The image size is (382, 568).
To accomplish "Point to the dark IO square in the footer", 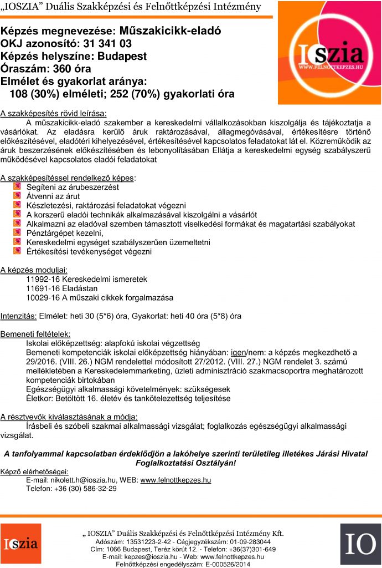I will click(x=360, y=544).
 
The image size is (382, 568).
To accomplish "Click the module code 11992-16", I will click(x=44, y=279).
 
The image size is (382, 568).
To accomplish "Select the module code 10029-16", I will click(x=44, y=297).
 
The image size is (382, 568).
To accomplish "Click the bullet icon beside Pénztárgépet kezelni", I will click(x=17, y=234).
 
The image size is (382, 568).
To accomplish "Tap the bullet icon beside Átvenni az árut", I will click(x=17, y=196).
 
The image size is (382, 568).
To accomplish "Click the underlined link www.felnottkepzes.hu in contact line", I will click(x=175, y=480).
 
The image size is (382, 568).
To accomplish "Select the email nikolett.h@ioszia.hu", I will click(x=83, y=480).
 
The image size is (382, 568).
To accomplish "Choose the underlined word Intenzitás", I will click(x=19, y=316).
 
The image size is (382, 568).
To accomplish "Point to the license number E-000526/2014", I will click(x=229, y=564).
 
